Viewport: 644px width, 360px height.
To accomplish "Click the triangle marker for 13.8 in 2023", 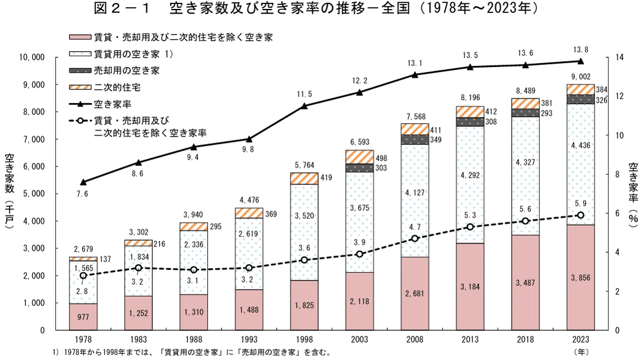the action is (x=580, y=61).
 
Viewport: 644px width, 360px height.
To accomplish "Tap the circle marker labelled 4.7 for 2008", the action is (x=415, y=238).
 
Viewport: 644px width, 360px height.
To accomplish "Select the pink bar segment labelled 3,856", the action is (x=580, y=277).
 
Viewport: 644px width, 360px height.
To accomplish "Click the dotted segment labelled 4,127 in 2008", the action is (x=415, y=201).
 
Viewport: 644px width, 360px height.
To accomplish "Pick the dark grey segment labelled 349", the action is (x=415, y=139).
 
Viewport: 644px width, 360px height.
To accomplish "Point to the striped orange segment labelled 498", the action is (x=359, y=157).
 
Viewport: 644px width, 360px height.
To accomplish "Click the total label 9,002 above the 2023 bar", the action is (x=581, y=76).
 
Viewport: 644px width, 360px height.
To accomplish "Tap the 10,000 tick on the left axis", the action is (x=32, y=57).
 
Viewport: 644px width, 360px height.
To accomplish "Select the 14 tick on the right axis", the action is (x=619, y=57).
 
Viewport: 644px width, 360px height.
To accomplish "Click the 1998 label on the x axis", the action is (x=305, y=340).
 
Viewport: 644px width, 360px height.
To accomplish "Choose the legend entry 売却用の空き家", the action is (x=114, y=71).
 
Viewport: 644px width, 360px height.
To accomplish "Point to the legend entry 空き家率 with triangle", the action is (x=100, y=104).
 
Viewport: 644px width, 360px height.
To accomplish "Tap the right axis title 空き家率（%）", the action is (x=633, y=193).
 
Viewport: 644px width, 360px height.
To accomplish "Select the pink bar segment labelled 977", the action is (x=83, y=317).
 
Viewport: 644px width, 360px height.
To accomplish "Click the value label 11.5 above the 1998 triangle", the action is (x=305, y=94).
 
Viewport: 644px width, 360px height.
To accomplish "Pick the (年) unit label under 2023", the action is (x=581, y=352).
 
